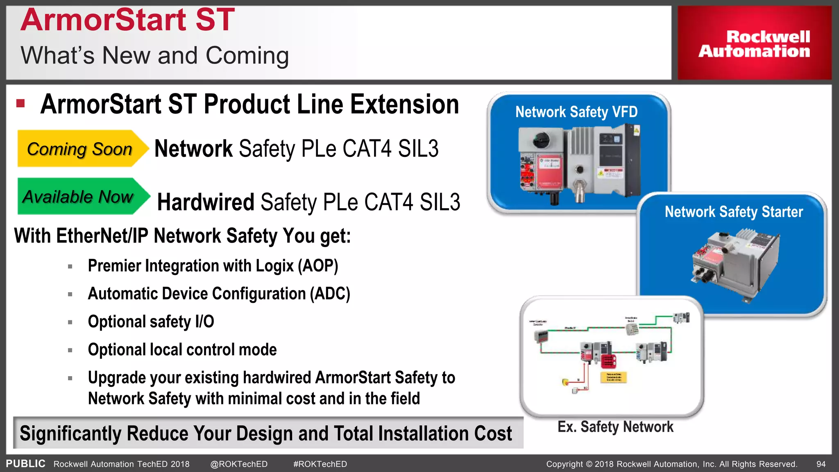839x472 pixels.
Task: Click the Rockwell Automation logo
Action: [x=754, y=43]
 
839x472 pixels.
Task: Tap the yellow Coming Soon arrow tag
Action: [x=80, y=149]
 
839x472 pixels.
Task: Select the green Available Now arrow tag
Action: [x=79, y=197]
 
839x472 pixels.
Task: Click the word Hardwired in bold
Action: [x=206, y=202]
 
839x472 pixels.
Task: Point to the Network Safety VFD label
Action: [x=576, y=112]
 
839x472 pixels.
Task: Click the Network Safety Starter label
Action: [x=733, y=212]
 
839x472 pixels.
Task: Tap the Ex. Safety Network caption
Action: [x=615, y=427]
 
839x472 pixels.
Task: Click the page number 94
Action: [x=821, y=464]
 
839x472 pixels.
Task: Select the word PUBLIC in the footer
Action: [x=25, y=464]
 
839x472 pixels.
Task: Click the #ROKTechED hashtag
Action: [x=320, y=464]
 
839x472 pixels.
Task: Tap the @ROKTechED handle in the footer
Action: [x=239, y=464]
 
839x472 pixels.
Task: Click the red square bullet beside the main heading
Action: [x=20, y=103]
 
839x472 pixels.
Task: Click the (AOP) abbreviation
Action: [x=318, y=266]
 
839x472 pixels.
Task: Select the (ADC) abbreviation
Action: [x=330, y=294]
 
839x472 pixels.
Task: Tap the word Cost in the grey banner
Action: [x=493, y=433]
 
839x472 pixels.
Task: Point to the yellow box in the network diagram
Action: [x=613, y=377]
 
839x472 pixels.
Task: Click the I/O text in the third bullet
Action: [x=204, y=322]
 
